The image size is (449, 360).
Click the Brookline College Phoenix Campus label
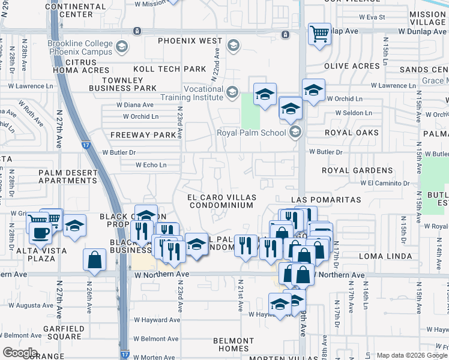pyautogui.click(x=82, y=47)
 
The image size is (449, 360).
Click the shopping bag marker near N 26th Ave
pyautogui.click(x=95, y=260)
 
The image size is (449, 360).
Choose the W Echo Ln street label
pyautogui.click(x=151, y=164)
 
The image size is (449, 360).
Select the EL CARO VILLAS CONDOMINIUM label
pyautogui.click(x=222, y=201)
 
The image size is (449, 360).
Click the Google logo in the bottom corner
pyautogui.click(x=20, y=353)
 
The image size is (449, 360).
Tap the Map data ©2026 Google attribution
pyautogui.click(x=412, y=355)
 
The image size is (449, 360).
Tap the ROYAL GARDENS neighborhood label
pyautogui.click(x=358, y=170)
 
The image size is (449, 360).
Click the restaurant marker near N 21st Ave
pyautogui.click(x=246, y=245)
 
